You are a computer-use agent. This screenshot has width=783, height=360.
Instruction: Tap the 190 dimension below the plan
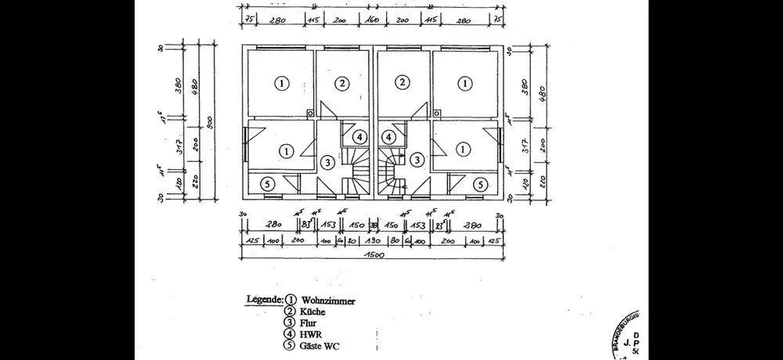click(373, 241)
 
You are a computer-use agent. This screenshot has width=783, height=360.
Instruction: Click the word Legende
click(263, 300)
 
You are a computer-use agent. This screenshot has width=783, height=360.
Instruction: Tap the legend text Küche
click(313, 311)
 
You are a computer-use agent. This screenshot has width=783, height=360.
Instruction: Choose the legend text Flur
click(309, 322)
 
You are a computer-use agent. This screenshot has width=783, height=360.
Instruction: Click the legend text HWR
click(311, 334)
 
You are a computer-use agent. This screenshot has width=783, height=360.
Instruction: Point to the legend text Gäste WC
click(320, 346)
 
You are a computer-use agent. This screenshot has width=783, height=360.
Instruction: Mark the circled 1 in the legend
click(290, 300)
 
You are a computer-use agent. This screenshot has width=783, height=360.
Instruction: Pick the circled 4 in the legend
click(290, 334)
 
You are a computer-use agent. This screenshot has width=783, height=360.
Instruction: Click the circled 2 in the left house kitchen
click(341, 83)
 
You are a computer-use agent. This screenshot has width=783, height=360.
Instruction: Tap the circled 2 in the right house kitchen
click(402, 83)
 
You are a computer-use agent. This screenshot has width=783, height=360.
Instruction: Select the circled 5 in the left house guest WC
click(267, 184)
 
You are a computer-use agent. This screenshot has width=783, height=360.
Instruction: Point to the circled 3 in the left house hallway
click(327, 161)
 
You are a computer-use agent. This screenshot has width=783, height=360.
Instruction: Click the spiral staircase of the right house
click(391, 172)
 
